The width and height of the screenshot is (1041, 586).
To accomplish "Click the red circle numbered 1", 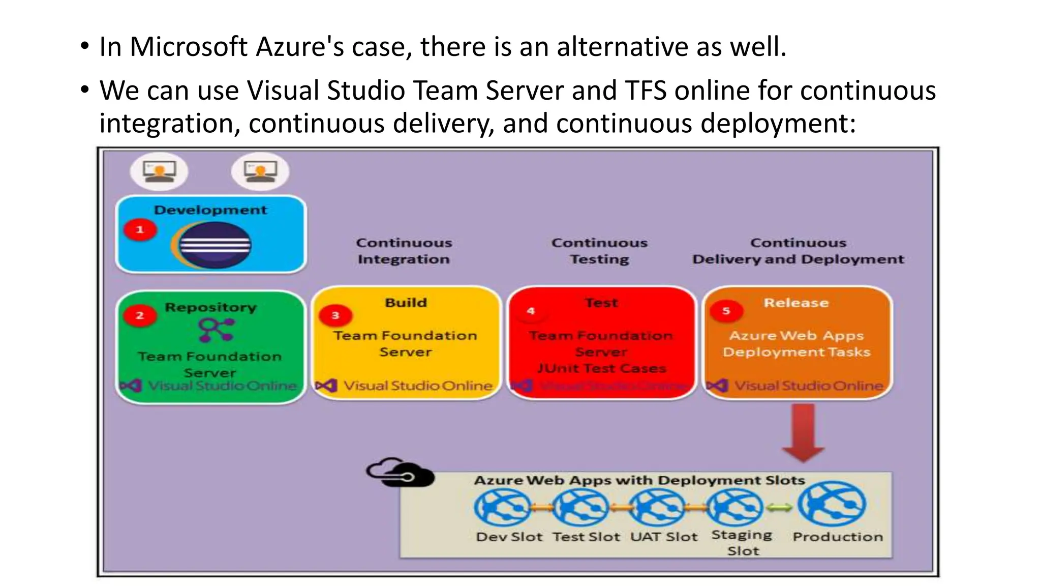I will pyautogui.click(x=140, y=230).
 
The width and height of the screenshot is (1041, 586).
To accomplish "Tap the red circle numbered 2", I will pyautogui.click(x=140, y=315).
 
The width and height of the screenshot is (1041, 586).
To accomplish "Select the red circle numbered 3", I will pyautogui.click(x=335, y=315).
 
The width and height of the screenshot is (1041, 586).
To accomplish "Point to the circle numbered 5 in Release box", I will pyautogui.click(x=726, y=311).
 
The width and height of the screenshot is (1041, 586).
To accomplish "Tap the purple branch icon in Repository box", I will pyautogui.click(x=217, y=330).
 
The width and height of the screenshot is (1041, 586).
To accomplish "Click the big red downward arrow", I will pyautogui.click(x=803, y=432).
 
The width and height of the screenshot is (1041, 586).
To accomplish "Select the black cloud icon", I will pyautogui.click(x=401, y=473).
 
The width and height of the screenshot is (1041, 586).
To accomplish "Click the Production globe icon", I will pyautogui.click(x=832, y=504).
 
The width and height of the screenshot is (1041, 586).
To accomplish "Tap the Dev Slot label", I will pyautogui.click(x=509, y=537).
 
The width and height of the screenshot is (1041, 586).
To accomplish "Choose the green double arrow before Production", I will pyautogui.click(x=779, y=507).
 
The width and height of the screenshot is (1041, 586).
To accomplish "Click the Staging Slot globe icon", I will pyautogui.click(x=735, y=507).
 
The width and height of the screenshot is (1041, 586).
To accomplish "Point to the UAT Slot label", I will pyautogui.click(x=664, y=537).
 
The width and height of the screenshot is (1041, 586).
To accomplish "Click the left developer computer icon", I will pyautogui.click(x=159, y=171).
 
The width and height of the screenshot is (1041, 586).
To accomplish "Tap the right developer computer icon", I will pyautogui.click(x=260, y=171).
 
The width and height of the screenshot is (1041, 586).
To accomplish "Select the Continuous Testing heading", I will pyautogui.click(x=600, y=251).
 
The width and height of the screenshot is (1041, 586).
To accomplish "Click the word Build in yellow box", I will pyautogui.click(x=406, y=303).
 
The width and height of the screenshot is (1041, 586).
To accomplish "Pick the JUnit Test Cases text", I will pyautogui.click(x=601, y=368).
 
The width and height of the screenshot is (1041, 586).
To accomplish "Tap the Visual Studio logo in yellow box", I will pyautogui.click(x=326, y=386).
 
